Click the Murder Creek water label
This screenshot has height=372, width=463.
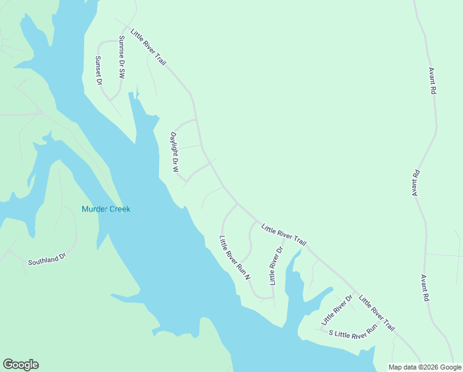point(106,209)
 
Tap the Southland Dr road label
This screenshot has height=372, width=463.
point(46,259)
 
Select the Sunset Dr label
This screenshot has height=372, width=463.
point(98,69)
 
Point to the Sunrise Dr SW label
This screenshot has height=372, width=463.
point(122,56)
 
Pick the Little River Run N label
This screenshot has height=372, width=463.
point(235,258)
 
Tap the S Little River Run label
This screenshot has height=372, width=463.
point(352,333)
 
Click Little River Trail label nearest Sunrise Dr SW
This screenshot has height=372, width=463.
point(149,47)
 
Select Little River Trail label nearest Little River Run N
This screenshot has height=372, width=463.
point(283,235)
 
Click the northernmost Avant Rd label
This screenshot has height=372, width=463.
point(432,81)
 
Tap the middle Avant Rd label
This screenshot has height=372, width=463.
point(416,184)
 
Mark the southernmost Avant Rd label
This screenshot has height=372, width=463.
point(425,288)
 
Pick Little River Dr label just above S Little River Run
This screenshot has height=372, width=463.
point(336,311)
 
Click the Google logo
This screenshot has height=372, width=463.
point(20,365)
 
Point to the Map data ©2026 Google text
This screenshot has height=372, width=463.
point(425,367)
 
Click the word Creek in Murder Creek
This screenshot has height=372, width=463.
point(119,209)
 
